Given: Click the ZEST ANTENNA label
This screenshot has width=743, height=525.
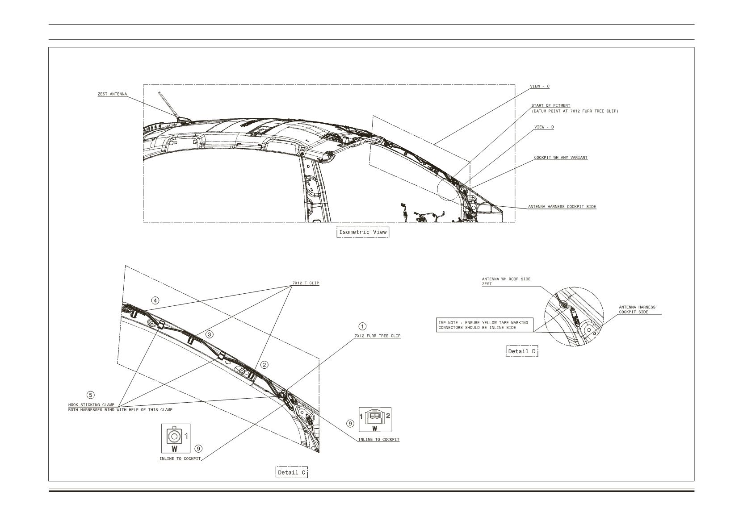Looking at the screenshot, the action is click(x=112, y=94).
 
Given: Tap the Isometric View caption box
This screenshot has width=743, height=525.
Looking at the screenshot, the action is click(x=363, y=232).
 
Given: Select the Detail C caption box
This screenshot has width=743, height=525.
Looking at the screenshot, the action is click(x=292, y=472).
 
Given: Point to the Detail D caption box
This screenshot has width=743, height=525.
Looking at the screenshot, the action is click(x=522, y=351).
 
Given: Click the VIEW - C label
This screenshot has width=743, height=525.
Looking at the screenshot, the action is click(x=540, y=87).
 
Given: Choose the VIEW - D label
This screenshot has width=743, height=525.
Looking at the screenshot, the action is click(x=544, y=127).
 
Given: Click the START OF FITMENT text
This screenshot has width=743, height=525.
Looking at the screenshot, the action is click(x=550, y=106).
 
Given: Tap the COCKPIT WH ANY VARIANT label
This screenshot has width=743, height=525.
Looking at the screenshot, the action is click(x=561, y=158).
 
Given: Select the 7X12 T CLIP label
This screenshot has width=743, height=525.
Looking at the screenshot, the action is click(x=306, y=283).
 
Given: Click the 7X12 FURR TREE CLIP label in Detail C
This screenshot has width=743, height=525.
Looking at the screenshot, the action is click(x=378, y=336).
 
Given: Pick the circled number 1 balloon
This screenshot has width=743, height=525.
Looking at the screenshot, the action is click(x=362, y=326).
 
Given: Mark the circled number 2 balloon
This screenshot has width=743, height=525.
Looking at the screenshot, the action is click(x=264, y=365).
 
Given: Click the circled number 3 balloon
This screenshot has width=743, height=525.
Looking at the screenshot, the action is click(x=209, y=334).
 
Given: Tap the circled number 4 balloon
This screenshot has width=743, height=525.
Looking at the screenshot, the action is click(x=155, y=300).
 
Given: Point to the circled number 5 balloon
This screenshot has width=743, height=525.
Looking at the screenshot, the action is click(x=91, y=395).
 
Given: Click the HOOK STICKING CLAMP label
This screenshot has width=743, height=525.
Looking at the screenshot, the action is click(x=91, y=404).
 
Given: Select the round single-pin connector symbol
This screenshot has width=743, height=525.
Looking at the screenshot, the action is click(x=176, y=438).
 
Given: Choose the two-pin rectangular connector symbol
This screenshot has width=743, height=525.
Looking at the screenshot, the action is click(x=375, y=420).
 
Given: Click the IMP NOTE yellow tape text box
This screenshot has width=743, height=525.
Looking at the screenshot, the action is click(x=485, y=325).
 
